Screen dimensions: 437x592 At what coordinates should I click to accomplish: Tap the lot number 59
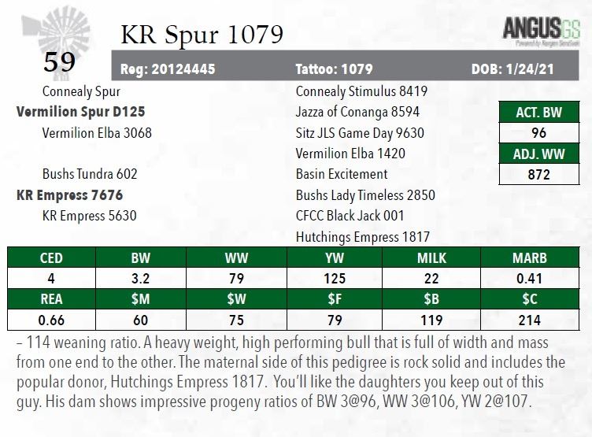click(59, 61)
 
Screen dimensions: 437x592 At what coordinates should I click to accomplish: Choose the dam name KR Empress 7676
click(69, 194)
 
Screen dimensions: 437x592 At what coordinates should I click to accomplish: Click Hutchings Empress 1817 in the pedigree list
click(362, 236)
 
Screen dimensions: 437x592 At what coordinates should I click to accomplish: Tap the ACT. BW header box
click(538, 113)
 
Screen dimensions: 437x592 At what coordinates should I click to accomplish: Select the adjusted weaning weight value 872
click(538, 174)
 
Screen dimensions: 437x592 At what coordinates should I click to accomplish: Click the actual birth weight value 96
click(538, 133)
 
